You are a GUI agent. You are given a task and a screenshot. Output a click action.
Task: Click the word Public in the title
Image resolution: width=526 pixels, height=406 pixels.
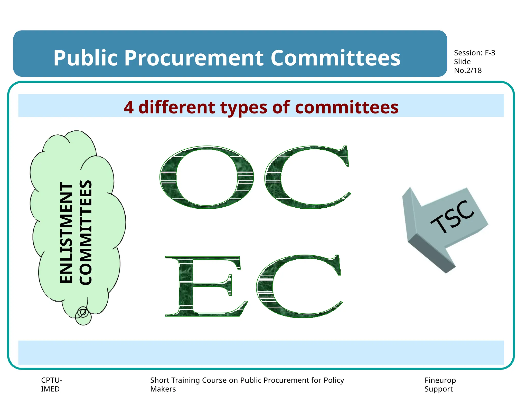point(85,58)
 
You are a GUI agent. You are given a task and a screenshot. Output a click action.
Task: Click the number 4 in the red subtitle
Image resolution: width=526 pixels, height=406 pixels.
point(128,107)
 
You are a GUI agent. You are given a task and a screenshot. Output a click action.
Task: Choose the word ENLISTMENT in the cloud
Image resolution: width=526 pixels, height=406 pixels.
point(66,233)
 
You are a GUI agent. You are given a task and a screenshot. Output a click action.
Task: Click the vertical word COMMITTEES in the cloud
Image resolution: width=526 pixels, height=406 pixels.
point(86,233)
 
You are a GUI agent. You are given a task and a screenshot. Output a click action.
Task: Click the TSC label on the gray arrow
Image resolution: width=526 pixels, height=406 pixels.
point(452,217)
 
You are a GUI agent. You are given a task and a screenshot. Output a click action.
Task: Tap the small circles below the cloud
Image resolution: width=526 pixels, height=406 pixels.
point(83,316)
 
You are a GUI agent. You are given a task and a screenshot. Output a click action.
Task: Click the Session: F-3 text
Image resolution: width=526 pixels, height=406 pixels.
point(474,53)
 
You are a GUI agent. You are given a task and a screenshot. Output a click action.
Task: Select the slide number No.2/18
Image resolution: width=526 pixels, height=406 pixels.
point(468,71)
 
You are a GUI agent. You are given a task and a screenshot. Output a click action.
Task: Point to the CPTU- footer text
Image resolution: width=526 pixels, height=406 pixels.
point(51,380)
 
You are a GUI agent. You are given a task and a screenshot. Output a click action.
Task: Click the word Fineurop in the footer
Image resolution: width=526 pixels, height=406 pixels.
point(440,380)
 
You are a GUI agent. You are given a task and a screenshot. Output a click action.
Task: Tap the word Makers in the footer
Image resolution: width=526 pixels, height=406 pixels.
point(163,389)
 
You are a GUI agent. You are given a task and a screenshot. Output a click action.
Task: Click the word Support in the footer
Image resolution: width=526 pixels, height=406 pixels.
point(438,389)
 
